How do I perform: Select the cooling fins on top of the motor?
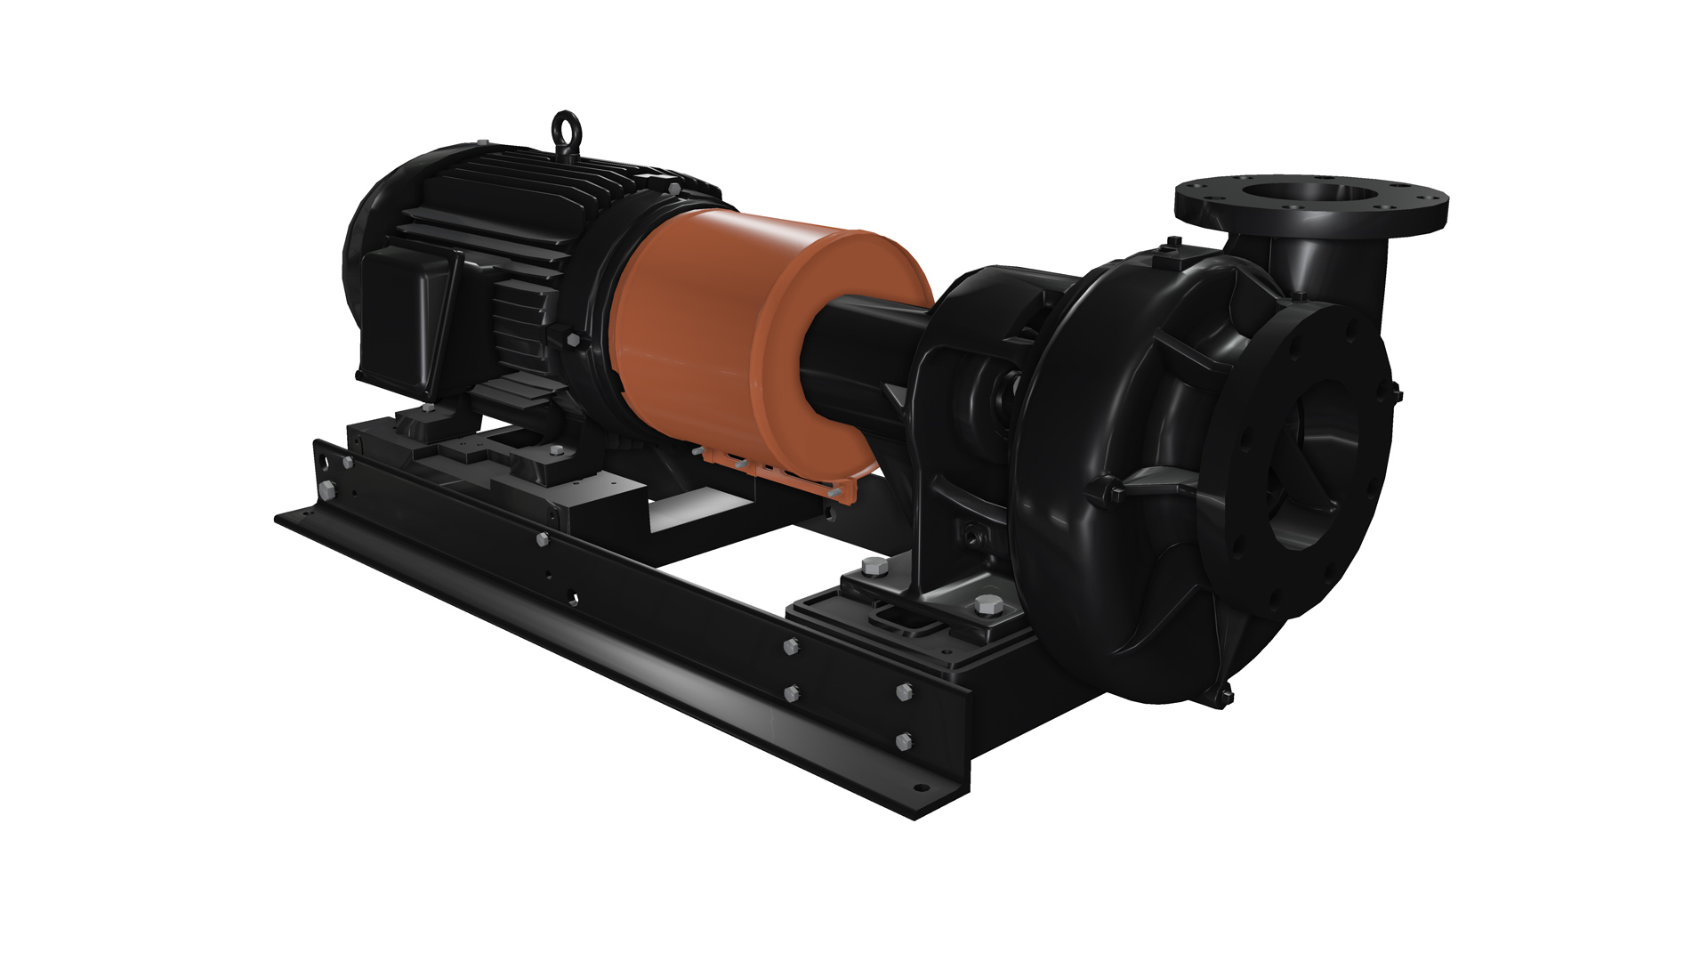(x=498, y=178)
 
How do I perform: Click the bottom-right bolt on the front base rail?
(x=906, y=740)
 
